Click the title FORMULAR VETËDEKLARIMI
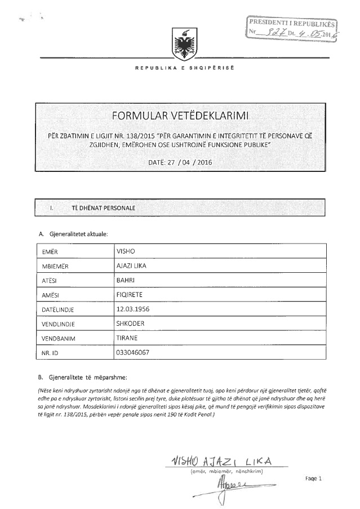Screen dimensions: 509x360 pyautogui.click(x=180, y=117)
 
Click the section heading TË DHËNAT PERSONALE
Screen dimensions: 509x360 pyautogui.click(x=103, y=208)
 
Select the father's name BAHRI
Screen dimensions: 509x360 pyautogui.click(x=125, y=280)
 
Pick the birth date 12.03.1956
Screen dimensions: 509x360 pyautogui.click(x=134, y=309)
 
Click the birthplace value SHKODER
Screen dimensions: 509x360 pyautogui.click(x=130, y=324)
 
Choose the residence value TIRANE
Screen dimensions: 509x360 pyautogui.click(x=127, y=338)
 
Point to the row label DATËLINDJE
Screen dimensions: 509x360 pyautogui.click(x=59, y=309)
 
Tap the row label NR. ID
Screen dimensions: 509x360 pyautogui.click(x=51, y=353)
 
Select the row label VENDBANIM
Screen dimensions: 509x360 pyautogui.click(x=59, y=339)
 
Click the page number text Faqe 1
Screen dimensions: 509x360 pyautogui.click(x=313, y=479)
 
